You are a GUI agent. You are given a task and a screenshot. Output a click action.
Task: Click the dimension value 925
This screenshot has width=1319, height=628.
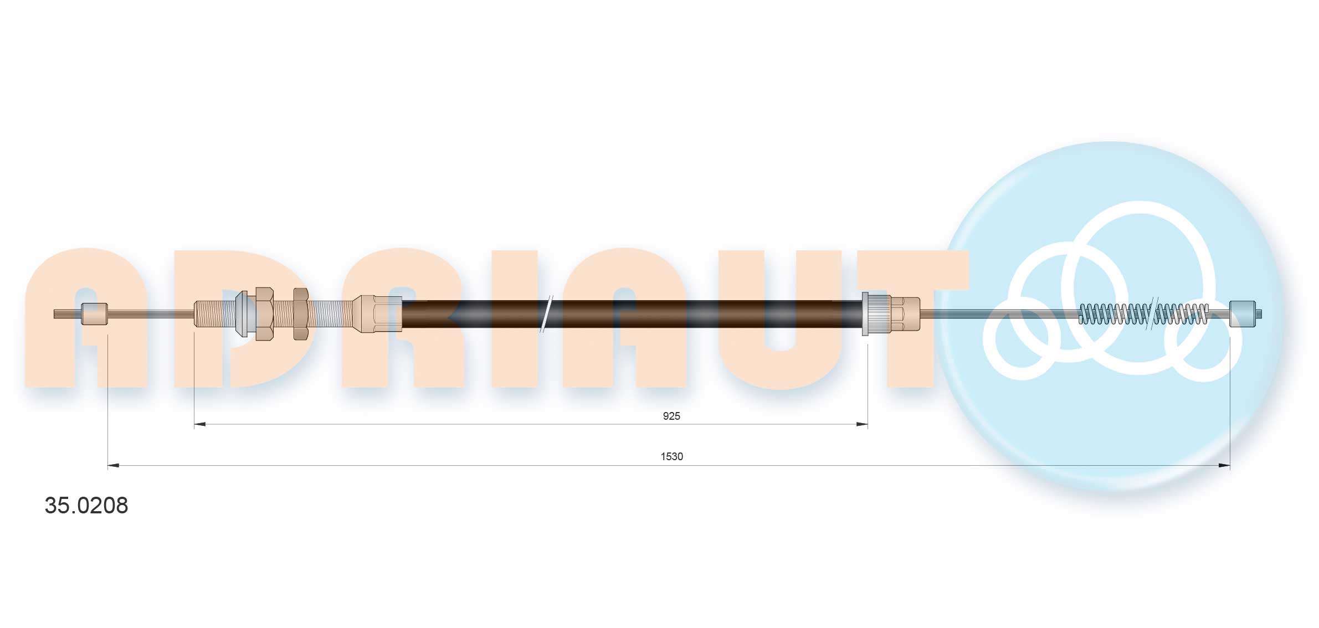pos(671,416)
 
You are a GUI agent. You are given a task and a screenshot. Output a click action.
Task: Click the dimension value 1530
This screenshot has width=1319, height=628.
pos(671,456)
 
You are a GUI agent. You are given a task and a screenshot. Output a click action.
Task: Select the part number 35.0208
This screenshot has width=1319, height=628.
pos(86,505)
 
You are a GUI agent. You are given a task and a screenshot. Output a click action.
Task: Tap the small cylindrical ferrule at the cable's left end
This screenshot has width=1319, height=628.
pos(95,314)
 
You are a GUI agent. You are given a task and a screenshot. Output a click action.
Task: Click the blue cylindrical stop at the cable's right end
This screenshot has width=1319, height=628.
pos(1242,314)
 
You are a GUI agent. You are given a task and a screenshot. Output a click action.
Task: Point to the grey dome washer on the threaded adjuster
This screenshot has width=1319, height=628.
pos(242,314)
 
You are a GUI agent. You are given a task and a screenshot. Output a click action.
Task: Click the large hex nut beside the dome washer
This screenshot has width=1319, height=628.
pos(264,314)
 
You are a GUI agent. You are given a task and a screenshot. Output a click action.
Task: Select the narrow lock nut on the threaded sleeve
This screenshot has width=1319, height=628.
pos(301,314)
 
